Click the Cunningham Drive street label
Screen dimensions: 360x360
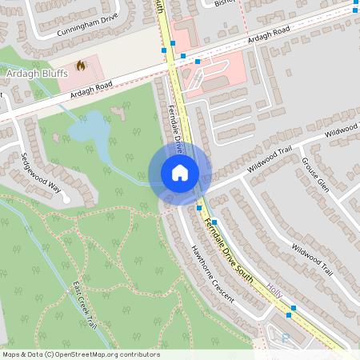click(x=87, y=26)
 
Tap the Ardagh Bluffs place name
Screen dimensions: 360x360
click(x=36, y=73)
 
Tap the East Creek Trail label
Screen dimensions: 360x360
click(x=84, y=304)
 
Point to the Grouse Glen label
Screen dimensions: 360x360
click(x=314, y=174)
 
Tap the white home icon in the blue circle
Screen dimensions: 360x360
click(x=180, y=172)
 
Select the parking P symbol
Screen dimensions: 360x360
click(x=286, y=338)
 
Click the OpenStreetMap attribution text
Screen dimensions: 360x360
click(x=81, y=354)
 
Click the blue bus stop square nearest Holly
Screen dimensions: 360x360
click(x=293, y=306)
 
